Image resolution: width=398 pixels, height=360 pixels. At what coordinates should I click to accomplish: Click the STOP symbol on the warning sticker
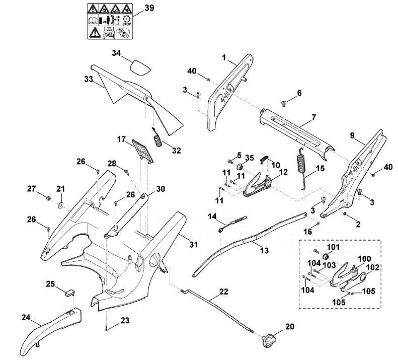[126, 20]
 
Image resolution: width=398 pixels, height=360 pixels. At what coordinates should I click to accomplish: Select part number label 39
[149, 8]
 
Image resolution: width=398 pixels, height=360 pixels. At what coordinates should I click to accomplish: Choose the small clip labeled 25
[68, 292]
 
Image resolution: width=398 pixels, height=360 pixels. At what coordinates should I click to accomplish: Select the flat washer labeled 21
[61, 205]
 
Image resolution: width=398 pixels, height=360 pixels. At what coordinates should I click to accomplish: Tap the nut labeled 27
[47, 198]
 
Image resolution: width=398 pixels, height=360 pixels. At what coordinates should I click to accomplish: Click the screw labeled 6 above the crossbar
[283, 104]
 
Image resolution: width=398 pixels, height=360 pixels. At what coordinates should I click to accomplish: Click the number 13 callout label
[264, 250]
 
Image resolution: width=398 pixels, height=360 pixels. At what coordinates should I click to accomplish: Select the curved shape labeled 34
[140, 67]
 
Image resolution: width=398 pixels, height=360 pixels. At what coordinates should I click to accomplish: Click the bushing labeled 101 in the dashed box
[326, 255]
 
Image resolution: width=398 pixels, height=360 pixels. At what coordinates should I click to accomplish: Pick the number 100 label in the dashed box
[364, 259]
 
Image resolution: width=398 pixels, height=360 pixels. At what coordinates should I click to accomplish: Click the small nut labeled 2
[345, 214]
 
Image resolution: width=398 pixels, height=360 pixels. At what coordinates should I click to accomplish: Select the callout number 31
[193, 244]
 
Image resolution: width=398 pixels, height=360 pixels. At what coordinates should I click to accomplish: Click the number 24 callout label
[26, 317]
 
